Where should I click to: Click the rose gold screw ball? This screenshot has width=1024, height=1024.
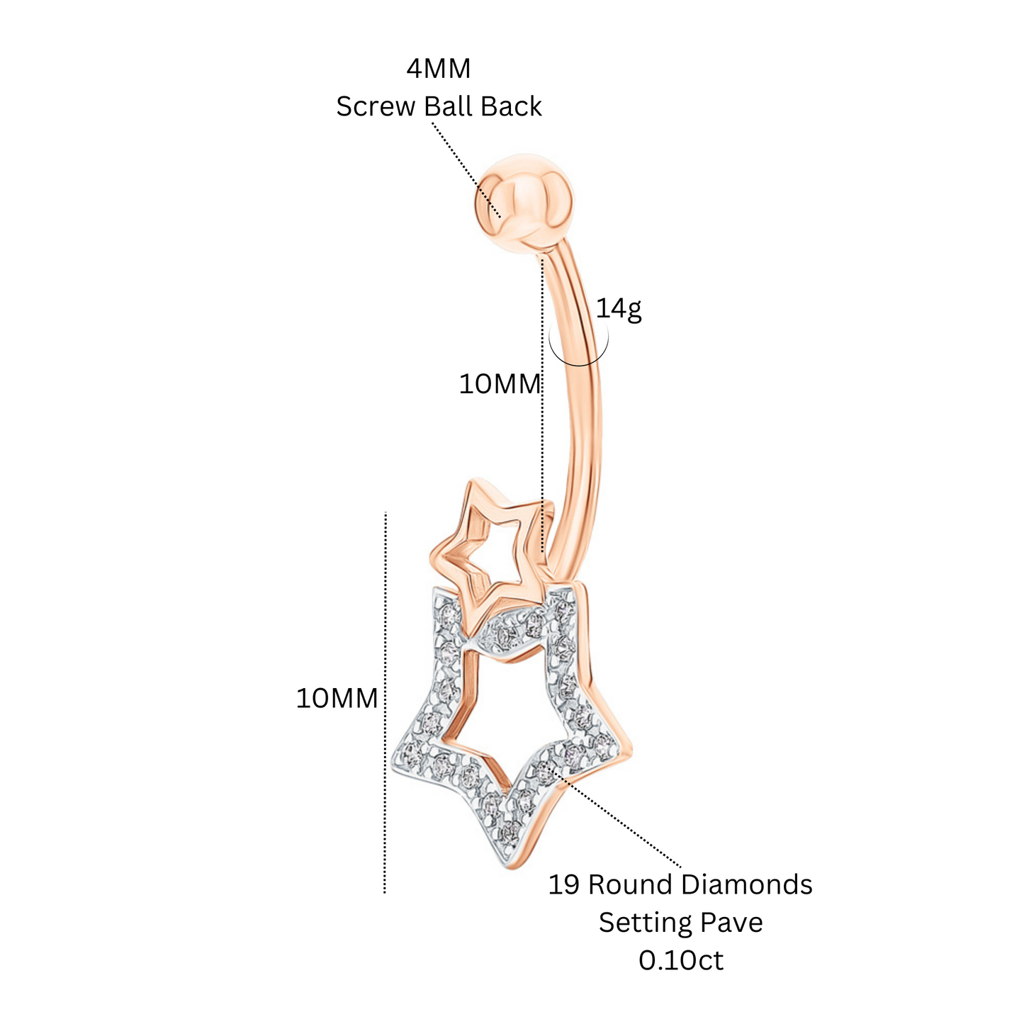(x=524, y=201)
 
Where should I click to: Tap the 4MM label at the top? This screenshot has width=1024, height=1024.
(x=439, y=69)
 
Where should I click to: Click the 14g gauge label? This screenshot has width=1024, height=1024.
(x=619, y=309)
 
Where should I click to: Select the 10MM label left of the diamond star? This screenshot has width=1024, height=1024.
(x=337, y=698)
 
